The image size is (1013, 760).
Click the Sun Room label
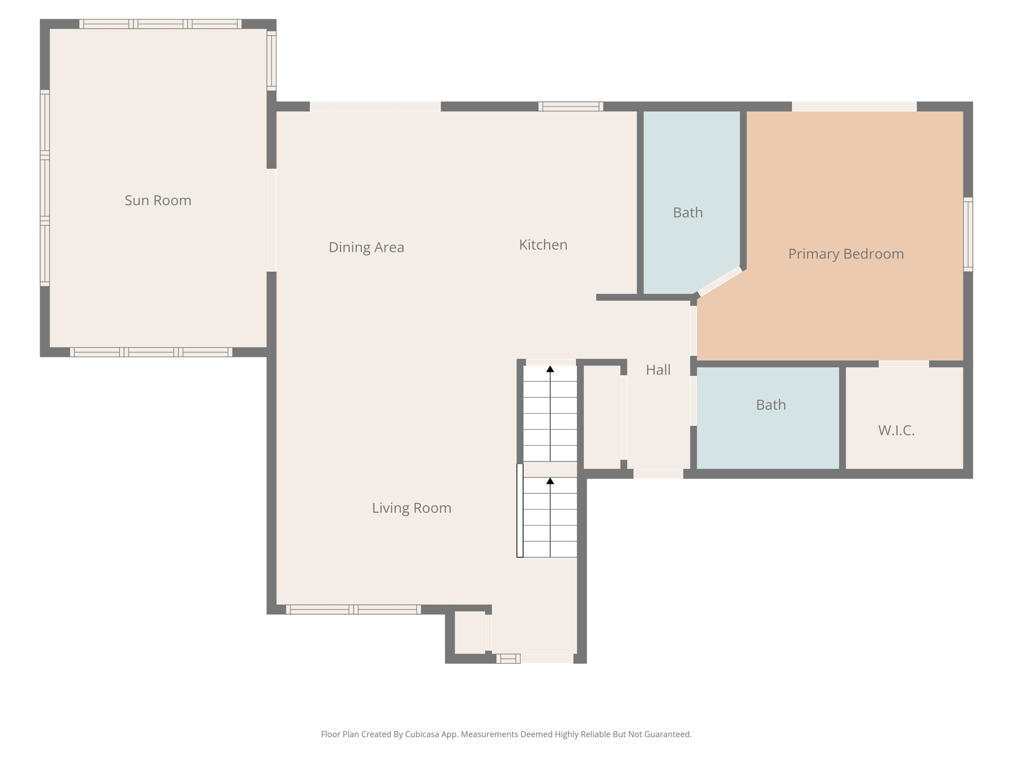[x=158, y=200]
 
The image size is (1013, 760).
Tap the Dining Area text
[x=366, y=247]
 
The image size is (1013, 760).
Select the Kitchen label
[x=543, y=244]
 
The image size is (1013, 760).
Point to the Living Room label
[x=411, y=508]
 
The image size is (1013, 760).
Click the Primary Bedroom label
[x=845, y=254]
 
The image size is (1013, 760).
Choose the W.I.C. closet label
[x=896, y=430]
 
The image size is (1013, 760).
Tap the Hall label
[x=658, y=370]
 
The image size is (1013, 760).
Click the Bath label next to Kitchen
[x=688, y=212]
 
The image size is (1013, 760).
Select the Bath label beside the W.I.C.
[x=770, y=405]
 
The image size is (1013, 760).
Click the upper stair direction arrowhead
[x=550, y=369]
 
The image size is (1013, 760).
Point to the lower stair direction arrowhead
[x=550, y=481]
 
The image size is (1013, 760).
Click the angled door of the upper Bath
[x=720, y=281]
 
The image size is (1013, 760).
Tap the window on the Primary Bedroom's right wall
[x=967, y=234]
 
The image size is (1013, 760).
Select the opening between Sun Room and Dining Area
[x=272, y=220]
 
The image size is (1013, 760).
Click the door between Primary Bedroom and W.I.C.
[x=903, y=364]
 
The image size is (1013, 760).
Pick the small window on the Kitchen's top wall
[x=570, y=106]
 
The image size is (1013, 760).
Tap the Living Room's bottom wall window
[x=353, y=609]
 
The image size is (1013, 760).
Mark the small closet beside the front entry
[x=469, y=632]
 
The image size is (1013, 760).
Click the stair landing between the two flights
[x=550, y=469]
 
